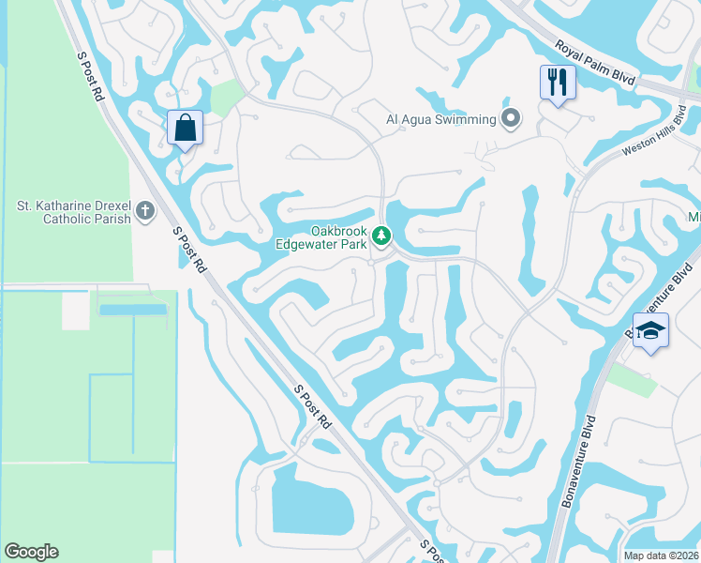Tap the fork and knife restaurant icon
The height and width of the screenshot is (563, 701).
point(557,83)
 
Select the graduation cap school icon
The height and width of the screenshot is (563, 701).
point(649,332)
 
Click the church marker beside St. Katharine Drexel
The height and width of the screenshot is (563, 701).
point(144,210)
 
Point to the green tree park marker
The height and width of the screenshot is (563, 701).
point(380,235)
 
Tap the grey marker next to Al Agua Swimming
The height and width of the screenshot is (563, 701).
point(511,118)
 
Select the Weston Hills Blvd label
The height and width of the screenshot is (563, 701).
point(660,151)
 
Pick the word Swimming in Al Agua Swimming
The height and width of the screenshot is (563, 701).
point(465,119)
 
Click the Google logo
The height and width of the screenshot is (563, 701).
point(31,552)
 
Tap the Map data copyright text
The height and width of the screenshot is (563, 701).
point(661,555)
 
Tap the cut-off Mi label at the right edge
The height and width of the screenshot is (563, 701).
point(694,219)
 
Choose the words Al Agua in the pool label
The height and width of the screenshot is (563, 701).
point(410,119)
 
